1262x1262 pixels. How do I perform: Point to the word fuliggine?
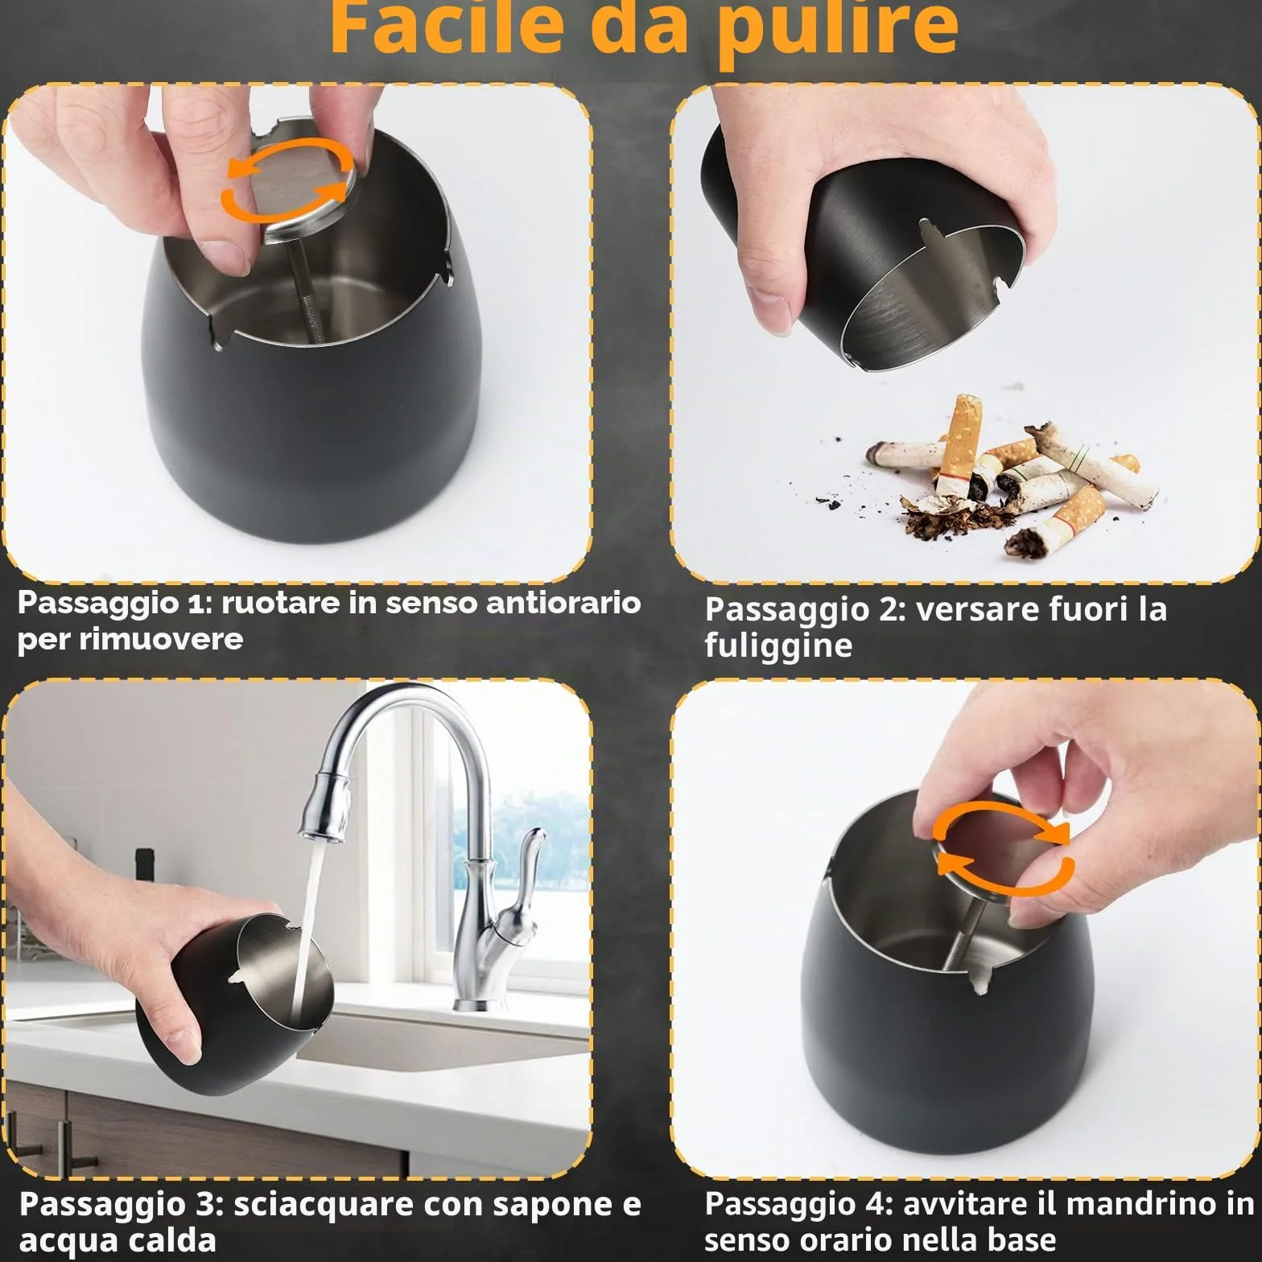[778, 645]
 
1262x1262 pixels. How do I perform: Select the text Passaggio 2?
[806, 609]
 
